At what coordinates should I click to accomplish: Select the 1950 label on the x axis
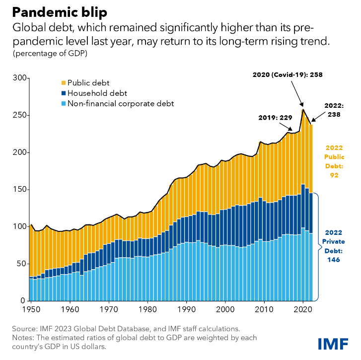pyautogui.click(x=31, y=309)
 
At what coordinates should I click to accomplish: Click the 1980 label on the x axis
pyautogui.click(x=147, y=309)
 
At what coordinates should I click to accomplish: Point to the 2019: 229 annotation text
pyautogui.click(x=275, y=118)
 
